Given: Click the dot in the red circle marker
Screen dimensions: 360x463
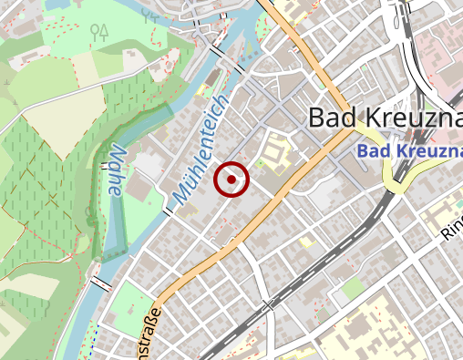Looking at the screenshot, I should coord(232,180).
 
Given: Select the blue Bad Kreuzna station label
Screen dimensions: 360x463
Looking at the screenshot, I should coord(409,149).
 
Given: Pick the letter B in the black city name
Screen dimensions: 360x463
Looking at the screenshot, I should coord(318,118).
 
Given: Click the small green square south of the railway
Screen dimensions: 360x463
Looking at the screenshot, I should coord(354,289).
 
